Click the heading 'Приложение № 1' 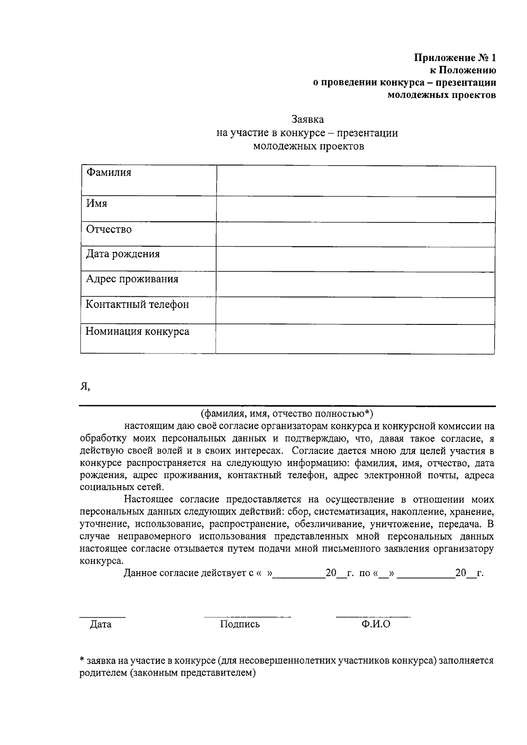[x=455, y=58]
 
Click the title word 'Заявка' [x=308, y=119]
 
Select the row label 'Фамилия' [x=108, y=173]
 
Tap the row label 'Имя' [x=96, y=204]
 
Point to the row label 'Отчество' [x=108, y=230]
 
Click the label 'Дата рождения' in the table [x=123, y=254]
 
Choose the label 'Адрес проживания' [x=132, y=279]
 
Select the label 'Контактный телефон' [x=137, y=305]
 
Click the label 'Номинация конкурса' [x=137, y=331]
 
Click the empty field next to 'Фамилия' [x=356, y=181]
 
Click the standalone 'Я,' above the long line [x=85, y=386]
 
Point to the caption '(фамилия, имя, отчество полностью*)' [x=287, y=414]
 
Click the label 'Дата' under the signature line [x=101, y=624]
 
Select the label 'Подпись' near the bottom [x=240, y=624]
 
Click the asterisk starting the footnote [x=82, y=660]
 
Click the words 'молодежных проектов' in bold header [x=442, y=95]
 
